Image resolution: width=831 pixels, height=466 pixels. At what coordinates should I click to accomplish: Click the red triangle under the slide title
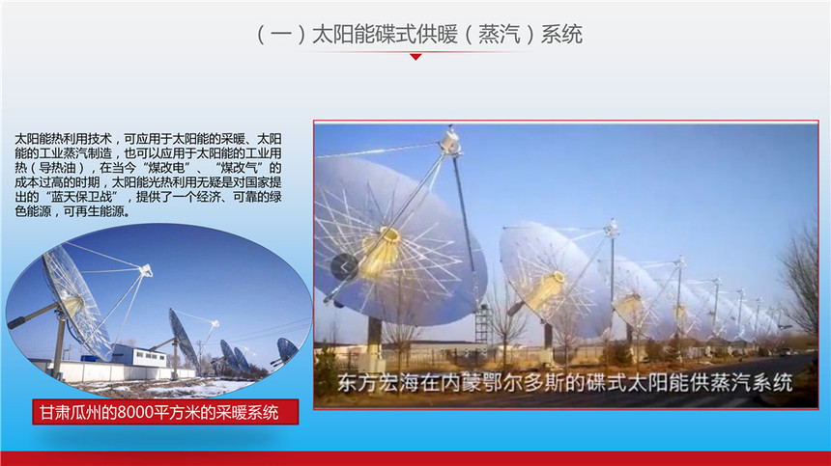[x=416, y=57]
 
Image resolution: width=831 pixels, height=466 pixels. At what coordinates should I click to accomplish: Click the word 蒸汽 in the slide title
[x=499, y=35]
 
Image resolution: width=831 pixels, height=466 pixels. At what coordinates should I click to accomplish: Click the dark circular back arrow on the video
[x=344, y=267]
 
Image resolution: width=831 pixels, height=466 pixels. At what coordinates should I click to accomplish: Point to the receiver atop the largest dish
[x=449, y=142]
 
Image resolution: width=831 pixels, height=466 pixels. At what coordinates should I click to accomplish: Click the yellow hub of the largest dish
[x=383, y=250]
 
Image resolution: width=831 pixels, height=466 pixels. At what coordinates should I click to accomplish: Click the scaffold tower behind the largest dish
[x=483, y=324]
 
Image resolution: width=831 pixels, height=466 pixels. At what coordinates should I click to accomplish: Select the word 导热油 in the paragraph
[x=57, y=168]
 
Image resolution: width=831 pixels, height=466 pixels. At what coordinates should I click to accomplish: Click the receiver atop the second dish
[x=612, y=229]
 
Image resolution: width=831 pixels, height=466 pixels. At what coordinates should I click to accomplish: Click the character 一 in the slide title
[x=281, y=35]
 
